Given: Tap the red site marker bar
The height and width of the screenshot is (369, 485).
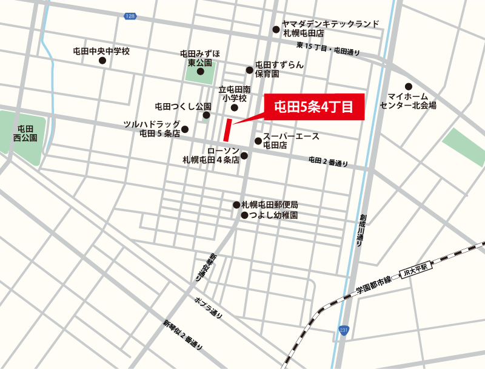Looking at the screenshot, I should pos(227,131).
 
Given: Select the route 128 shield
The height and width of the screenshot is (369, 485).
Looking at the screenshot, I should pos(131,16).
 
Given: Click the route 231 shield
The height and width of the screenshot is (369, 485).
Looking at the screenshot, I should pos(344,330).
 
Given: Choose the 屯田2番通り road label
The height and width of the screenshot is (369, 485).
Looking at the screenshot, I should pos(328,161).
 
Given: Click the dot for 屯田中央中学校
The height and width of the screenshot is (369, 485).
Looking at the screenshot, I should pos(109,61).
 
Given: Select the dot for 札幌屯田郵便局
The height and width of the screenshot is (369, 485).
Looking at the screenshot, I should pos(236,205).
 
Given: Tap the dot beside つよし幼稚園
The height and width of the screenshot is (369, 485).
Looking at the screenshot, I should pos(244,215).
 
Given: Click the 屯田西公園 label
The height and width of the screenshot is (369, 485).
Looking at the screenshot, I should pos(25,133).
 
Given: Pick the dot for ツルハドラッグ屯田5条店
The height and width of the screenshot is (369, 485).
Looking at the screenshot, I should pos(185,129).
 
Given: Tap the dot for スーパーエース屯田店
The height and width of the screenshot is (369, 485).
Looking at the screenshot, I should pos(258,141).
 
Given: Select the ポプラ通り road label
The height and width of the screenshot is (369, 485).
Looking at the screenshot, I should pos(209,308).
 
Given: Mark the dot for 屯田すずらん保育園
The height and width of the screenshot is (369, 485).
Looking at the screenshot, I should pos(249,69).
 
